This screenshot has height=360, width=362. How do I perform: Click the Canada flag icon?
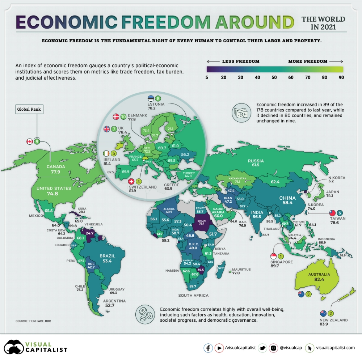point(29,141)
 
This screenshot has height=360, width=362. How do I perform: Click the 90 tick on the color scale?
point(341,77)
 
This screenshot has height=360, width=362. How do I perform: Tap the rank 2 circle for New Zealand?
point(331,313)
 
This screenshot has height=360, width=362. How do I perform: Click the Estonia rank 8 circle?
point(159,98)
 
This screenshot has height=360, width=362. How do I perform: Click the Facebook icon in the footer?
point(208,348)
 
